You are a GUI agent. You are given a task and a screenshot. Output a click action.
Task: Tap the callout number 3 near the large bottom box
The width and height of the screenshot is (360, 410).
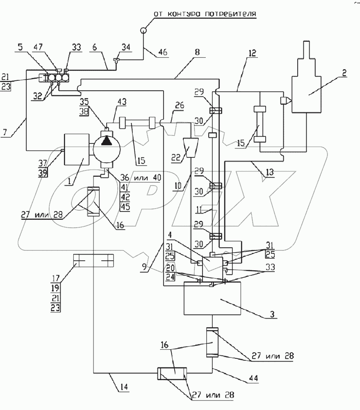pyautogui.click(x=271, y=315)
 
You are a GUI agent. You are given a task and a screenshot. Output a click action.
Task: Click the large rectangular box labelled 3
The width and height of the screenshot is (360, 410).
pyautogui.click(x=212, y=298)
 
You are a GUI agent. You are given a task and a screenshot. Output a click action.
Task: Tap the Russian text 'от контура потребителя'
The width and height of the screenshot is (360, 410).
pyautogui.click(x=205, y=15)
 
